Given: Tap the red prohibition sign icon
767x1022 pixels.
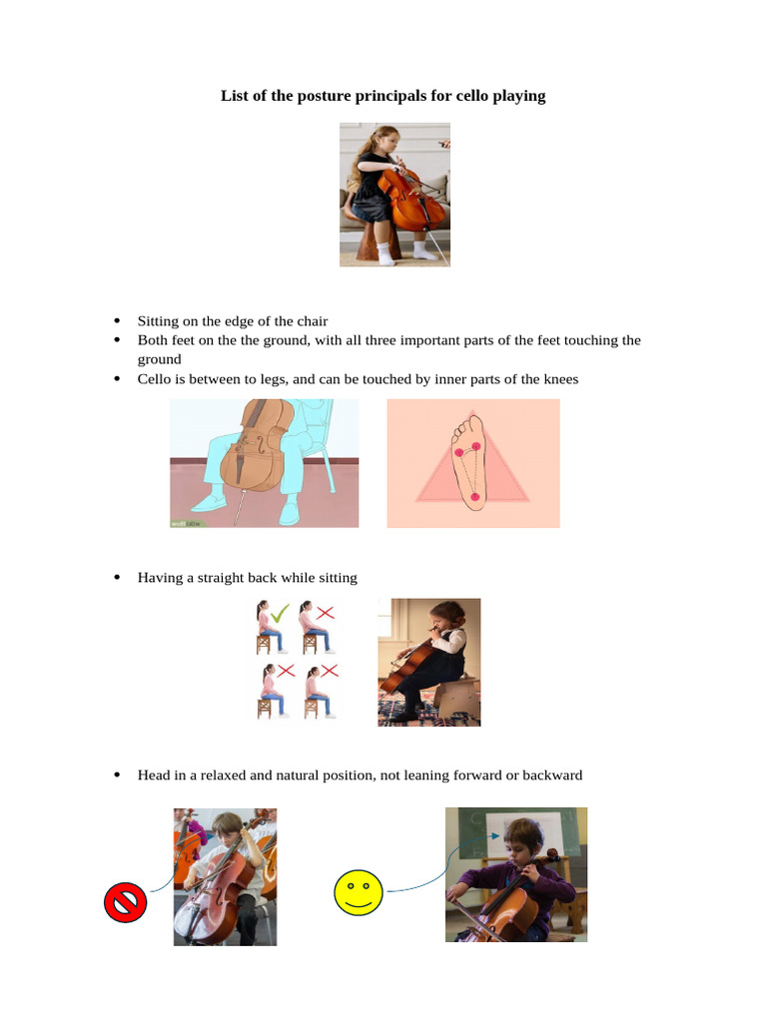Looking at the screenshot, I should [x=126, y=903].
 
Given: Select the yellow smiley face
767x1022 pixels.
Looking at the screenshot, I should [x=359, y=892].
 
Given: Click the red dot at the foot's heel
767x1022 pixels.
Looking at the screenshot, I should [x=474, y=496].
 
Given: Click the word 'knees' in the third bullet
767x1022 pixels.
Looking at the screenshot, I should [x=559, y=379].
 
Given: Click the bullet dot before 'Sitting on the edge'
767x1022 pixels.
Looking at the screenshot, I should [x=116, y=321].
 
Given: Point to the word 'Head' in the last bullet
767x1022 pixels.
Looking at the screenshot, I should [x=155, y=775].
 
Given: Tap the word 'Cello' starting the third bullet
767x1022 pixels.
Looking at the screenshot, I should [x=156, y=379].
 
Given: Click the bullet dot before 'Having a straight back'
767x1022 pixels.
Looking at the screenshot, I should [x=116, y=578].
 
